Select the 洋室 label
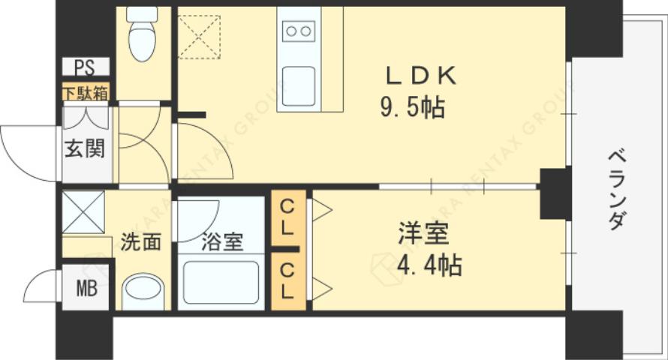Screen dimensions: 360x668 (x=423, y=234)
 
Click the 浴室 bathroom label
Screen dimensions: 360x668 (x=221, y=243)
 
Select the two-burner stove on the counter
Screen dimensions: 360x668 (x=299, y=31)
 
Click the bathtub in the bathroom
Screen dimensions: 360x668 (x=221, y=283)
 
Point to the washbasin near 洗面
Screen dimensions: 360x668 (x=142, y=291)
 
